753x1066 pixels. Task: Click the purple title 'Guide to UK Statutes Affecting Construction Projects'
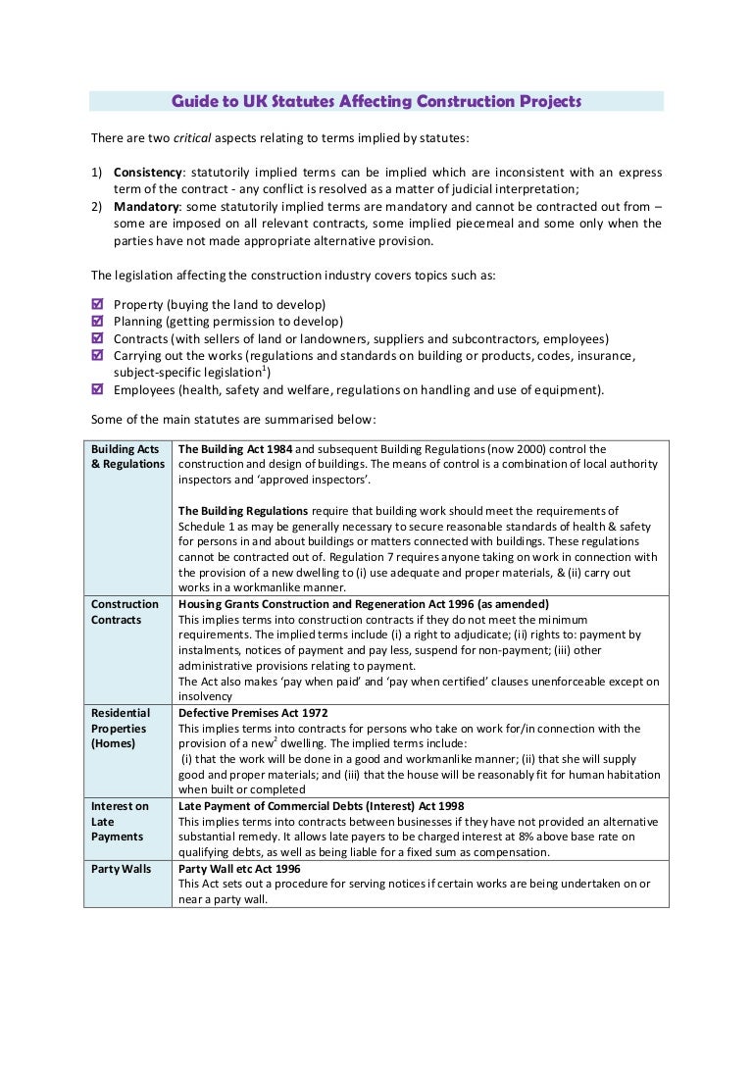point(376,101)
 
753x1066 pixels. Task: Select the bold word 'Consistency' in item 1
point(149,173)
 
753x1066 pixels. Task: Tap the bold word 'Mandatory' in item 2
point(145,207)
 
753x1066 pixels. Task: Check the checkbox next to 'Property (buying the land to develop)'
point(97,305)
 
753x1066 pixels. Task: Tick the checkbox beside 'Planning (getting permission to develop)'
point(97,322)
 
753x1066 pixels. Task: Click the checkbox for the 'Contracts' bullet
point(97,338)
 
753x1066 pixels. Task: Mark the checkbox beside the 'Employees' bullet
point(97,389)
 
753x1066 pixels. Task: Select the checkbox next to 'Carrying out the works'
point(97,355)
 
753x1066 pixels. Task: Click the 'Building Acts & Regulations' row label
point(126,456)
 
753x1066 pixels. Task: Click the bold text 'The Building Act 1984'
point(234,449)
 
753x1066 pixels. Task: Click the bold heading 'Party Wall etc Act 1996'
point(239,869)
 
